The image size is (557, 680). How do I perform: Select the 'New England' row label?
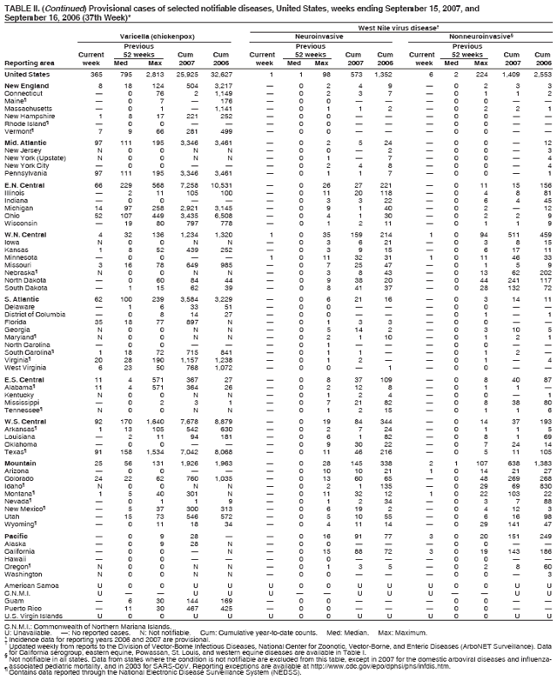(x=23, y=87)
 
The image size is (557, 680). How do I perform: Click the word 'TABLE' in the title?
(x=15, y=4)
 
